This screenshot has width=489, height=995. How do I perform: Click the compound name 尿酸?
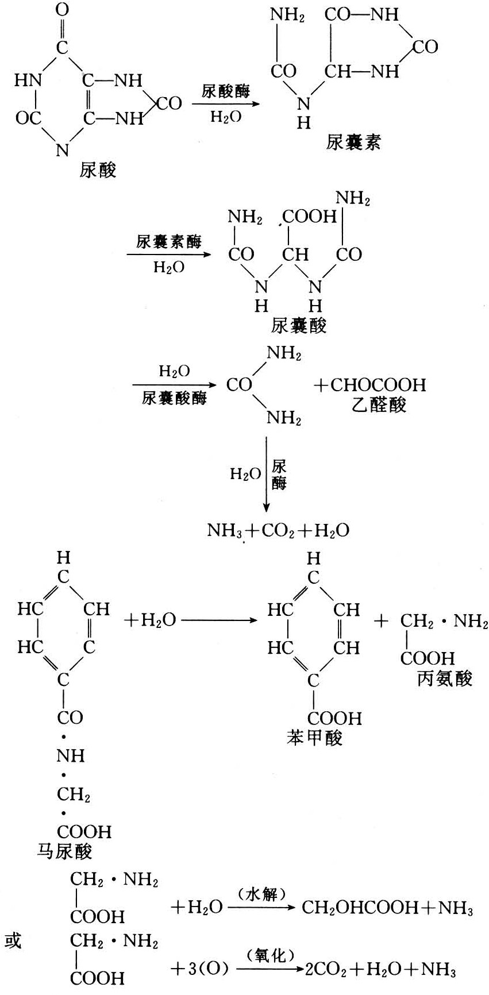click(98, 171)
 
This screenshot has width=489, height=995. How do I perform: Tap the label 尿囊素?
click(353, 142)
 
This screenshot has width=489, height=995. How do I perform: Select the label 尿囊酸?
click(299, 326)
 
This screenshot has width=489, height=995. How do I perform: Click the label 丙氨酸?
click(445, 678)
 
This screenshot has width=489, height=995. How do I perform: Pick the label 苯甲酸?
click(315, 738)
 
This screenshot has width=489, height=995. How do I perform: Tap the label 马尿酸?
click(64, 850)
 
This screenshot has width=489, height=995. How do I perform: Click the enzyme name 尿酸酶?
click(226, 91)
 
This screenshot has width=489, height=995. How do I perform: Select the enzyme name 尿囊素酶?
click(169, 242)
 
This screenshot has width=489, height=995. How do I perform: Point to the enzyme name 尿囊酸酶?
click(174, 398)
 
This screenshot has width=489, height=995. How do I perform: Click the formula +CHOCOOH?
click(370, 385)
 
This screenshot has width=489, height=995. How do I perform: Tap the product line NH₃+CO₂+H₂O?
click(278, 530)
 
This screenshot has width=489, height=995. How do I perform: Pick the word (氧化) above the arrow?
click(270, 955)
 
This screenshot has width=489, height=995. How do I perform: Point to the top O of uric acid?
click(63, 10)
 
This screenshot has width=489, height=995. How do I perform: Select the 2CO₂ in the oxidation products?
click(325, 970)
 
